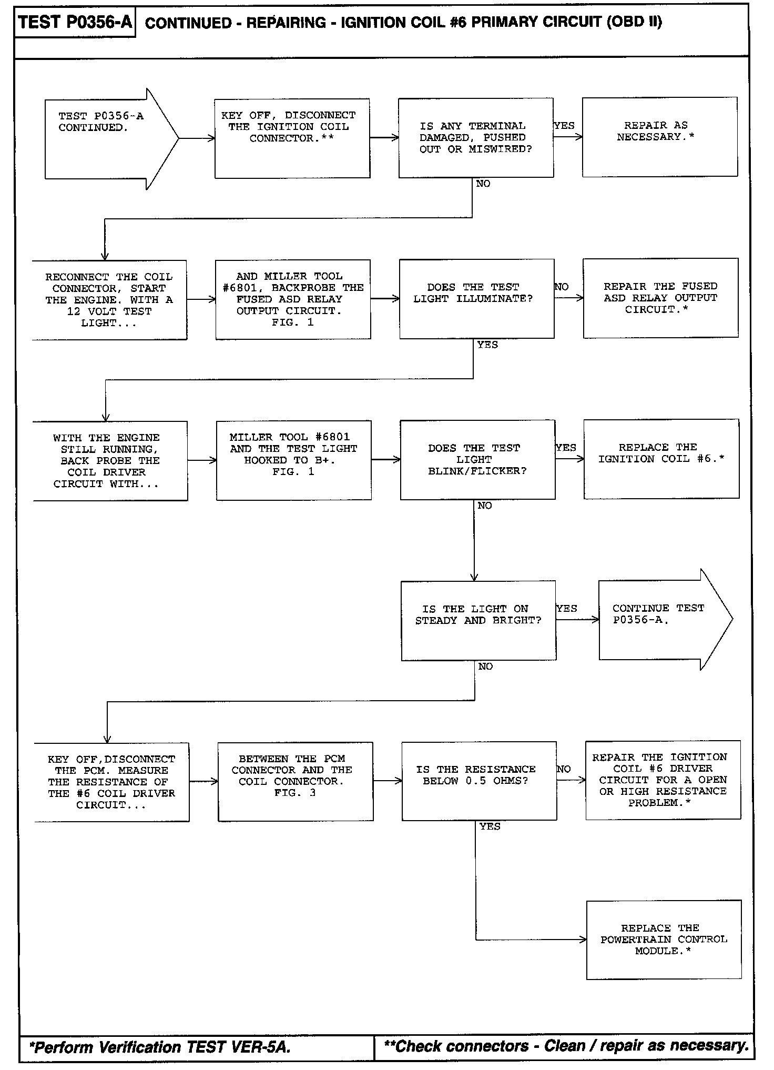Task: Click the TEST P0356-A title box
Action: point(75,23)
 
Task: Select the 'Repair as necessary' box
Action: point(659,137)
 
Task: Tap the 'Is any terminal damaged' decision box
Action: point(475,137)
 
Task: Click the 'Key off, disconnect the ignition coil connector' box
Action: point(292,138)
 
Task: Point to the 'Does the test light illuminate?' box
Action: point(476,298)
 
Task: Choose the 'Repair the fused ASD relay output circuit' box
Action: point(660,298)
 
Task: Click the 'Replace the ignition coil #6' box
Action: point(661,459)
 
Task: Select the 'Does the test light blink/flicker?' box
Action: point(477,459)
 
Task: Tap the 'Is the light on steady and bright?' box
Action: point(478,620)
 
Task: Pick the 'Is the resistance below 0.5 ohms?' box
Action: point(478,781)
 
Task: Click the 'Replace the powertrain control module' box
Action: point(664,940)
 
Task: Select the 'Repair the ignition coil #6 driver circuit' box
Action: point(663,780)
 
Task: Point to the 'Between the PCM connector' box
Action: point(295,781)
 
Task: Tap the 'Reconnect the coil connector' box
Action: point(109,300)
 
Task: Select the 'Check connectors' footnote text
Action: point(566,1046)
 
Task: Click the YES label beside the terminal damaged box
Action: point(564,126)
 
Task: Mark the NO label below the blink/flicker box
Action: point(484,506)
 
